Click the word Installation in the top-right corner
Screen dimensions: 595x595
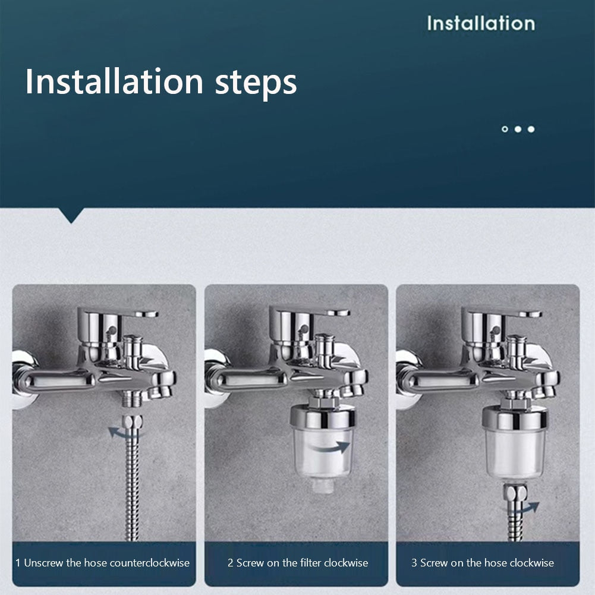[x=480, y=23]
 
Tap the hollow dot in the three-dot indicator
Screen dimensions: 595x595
[x=505, y=129]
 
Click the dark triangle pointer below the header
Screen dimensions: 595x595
[x=72, y=215]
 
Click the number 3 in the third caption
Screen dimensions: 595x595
[x=414, y=562]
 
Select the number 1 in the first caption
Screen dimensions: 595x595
[x=18, y=562]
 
